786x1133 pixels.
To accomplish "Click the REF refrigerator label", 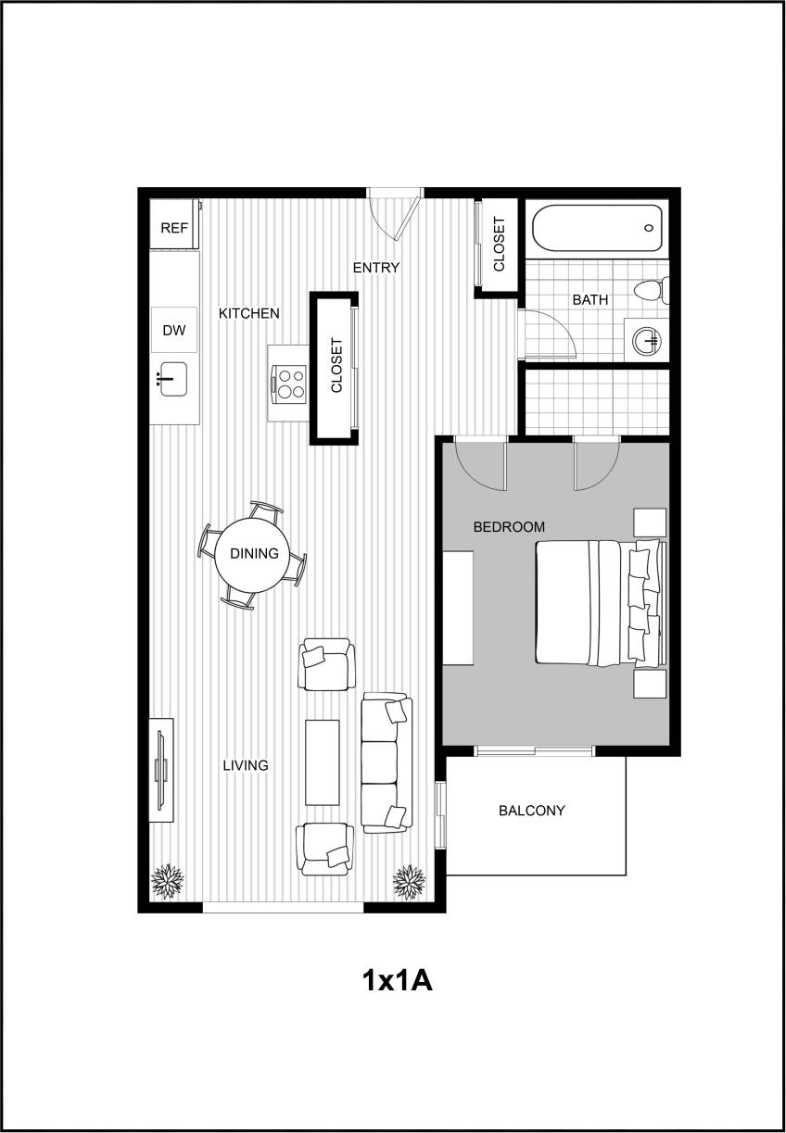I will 174,228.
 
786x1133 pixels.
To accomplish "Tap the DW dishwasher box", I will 174,330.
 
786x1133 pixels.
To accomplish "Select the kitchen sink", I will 173,379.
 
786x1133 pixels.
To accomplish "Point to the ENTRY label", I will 376,268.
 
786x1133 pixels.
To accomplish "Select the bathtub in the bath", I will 597,228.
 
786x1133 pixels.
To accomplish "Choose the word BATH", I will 590,299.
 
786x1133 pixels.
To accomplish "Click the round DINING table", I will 254,554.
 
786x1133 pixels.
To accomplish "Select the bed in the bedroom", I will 598,603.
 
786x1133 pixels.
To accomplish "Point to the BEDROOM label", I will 509,527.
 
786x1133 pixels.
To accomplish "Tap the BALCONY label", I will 531,811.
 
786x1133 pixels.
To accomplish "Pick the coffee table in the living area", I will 323,762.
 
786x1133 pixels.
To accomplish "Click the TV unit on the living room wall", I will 162,768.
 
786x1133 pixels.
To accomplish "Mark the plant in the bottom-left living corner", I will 168,881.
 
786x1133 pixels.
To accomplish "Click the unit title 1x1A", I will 397,980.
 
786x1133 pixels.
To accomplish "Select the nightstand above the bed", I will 650,522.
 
